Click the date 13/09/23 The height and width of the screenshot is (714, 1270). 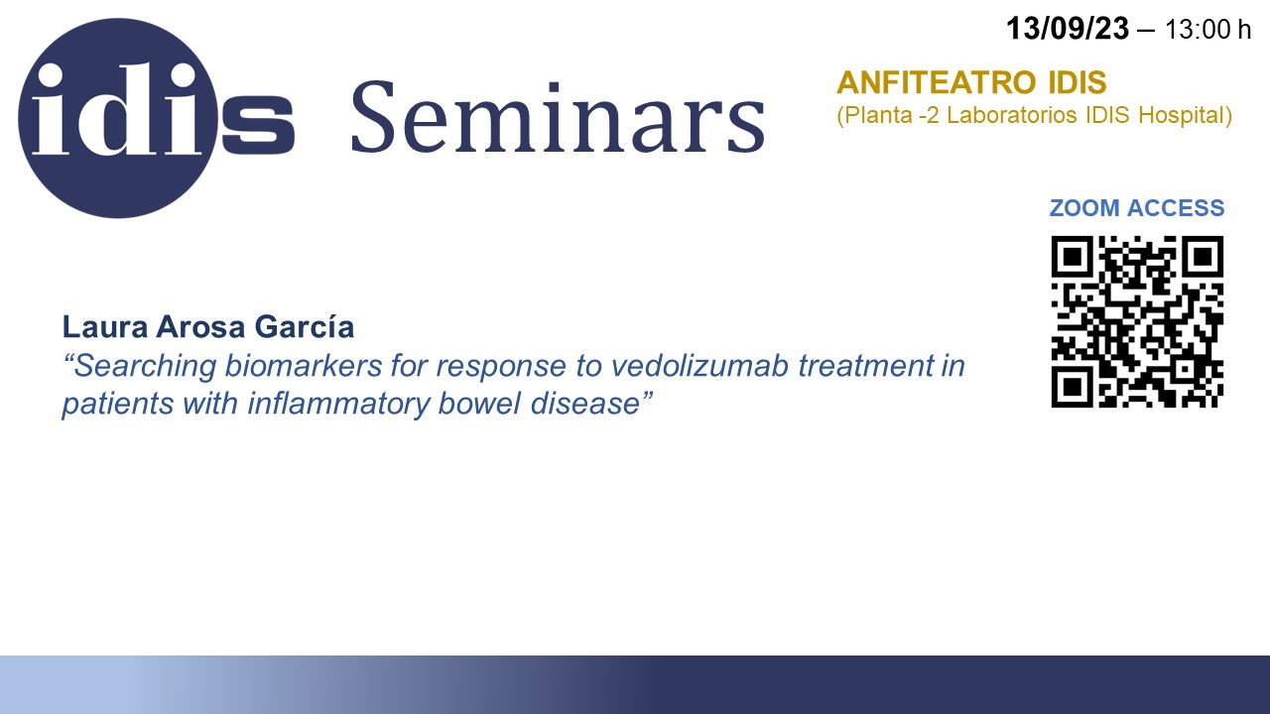(1067, 29)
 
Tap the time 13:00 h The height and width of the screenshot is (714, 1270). (1207, 30)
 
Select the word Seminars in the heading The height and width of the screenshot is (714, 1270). (559, 117)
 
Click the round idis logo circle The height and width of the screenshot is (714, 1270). (118, 118)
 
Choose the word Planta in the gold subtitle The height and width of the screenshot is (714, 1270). (875, 115)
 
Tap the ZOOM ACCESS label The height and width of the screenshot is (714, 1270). (1137, 208)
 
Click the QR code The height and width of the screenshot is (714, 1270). (1137, 321)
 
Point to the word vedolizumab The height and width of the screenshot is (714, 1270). (699, 366)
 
